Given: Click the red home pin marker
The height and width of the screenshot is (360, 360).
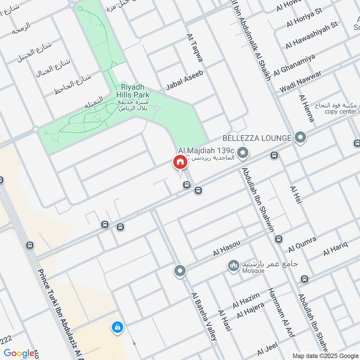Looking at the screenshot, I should coord(179,162).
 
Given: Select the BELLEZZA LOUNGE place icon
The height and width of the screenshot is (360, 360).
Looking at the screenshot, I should coord(300,138).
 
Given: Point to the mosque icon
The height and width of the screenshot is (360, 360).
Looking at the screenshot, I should coord(233,266).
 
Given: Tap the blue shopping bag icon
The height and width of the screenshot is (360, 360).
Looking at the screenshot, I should coord(117,326).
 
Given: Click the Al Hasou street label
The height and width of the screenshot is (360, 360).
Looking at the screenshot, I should coord(227,248).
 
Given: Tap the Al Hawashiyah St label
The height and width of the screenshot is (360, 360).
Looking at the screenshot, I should coord(311,35).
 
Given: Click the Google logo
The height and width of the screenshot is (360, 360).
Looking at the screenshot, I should coord(19,353).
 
